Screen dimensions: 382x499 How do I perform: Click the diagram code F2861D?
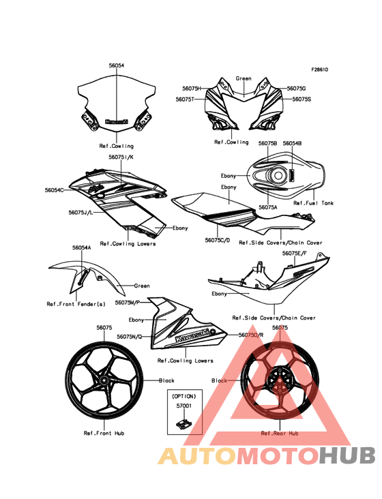click(x=319, y=70)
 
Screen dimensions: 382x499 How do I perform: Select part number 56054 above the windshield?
click(x=117, y=65)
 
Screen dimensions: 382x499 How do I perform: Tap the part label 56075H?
click(x=192, y=89)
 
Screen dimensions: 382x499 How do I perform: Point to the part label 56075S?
click(x=302, y=99)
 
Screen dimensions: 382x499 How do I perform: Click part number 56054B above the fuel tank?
click(x=292, y=144)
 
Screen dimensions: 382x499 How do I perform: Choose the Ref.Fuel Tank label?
click(x=313, y=203)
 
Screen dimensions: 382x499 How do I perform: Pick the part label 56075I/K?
click(x=121, y=157)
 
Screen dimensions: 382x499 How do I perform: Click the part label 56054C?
click(x=54, y=190)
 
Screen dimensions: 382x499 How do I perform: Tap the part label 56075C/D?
click(x=218, y=240)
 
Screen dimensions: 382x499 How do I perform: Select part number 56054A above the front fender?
click(x=81, y=247)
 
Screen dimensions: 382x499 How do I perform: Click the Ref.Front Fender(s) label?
click(x=76, y=304)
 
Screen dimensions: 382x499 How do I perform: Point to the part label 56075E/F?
click(x=295, y=254)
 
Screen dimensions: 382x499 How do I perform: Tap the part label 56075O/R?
click(x=251, y=335)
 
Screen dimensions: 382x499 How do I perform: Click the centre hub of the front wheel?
click(x=104, y=380)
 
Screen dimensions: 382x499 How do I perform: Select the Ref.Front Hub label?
click(x=104, y=434)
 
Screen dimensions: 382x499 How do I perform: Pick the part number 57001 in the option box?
click(x=184, y=406)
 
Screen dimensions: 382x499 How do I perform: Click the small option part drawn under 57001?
click(x=184, y=423)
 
